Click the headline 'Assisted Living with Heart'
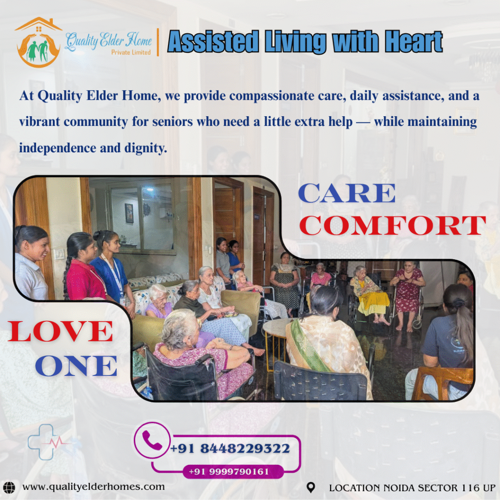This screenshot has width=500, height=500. (305, 42)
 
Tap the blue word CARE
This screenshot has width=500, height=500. (347, 194)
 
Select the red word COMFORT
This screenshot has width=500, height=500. (393, 226)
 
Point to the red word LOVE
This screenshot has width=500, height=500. (61, 332)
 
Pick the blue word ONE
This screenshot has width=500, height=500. (76, 366)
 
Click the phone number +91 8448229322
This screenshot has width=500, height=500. (230, 448)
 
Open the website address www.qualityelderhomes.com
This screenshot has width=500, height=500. (93, 487)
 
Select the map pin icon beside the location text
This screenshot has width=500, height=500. (311, 487)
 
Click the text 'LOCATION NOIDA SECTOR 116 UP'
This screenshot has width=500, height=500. (412, 487)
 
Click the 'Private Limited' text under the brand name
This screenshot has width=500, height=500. (131, 52)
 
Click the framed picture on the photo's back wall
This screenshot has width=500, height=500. (129, 213)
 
